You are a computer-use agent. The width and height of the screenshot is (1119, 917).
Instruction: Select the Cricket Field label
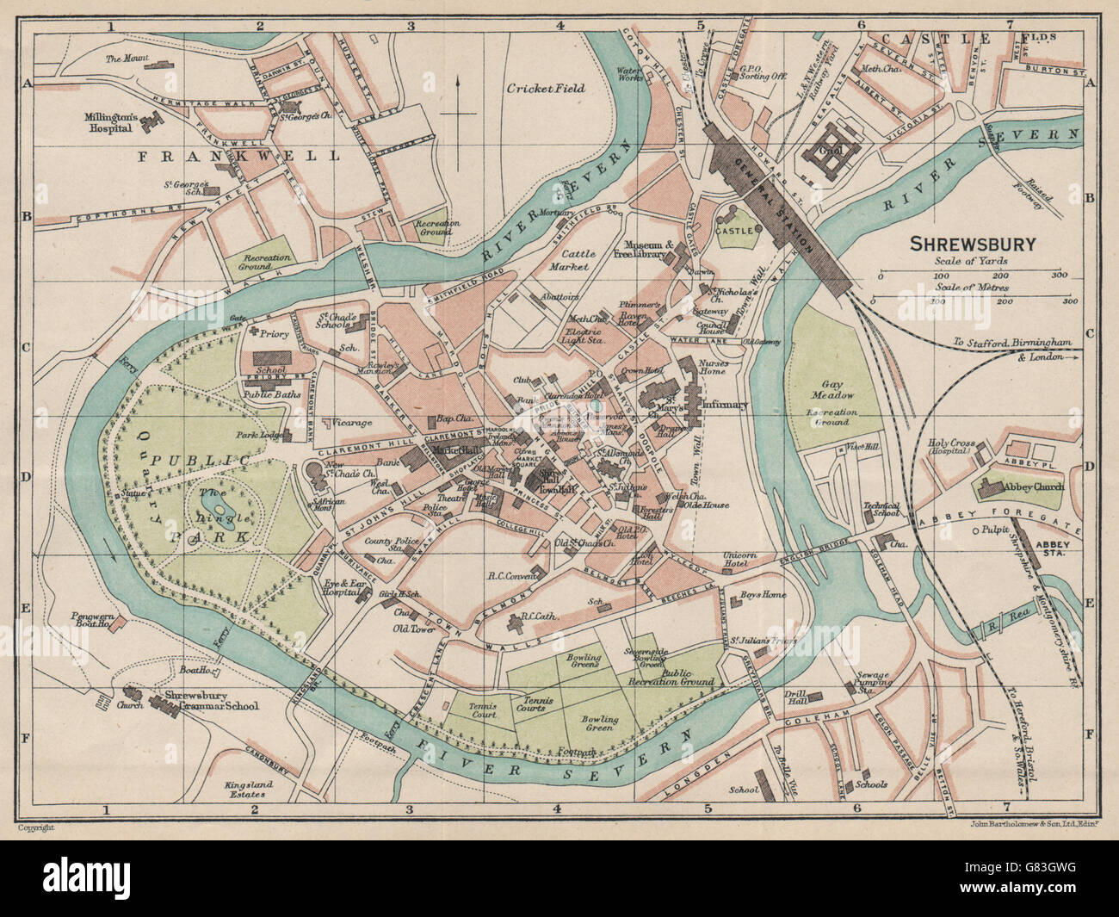(545, 88)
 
